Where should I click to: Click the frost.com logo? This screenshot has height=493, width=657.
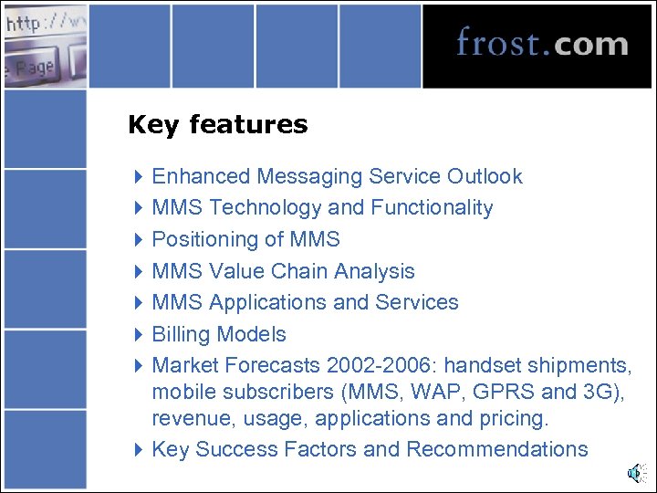coord(542,43)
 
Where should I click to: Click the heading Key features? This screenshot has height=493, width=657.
coord(218,124)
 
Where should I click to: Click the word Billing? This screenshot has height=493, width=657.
coord(182,334)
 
